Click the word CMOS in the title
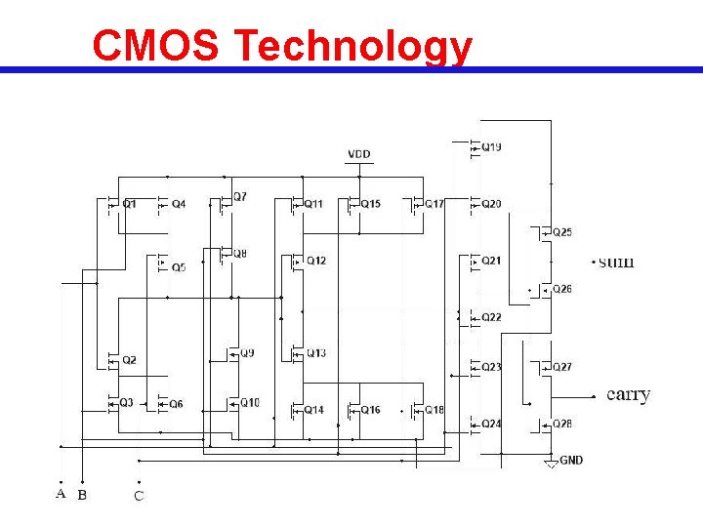click(156, 46)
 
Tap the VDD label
click(359, 154)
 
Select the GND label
click(571, 460)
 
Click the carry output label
click(629, 394)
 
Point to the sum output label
click(615, 262)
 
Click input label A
click(61, 494)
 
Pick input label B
click(82, 495)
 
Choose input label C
click(139, 496)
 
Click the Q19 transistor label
click(492, 147)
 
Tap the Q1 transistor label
click(130, 204)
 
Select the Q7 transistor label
click(240, 196)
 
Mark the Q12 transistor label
click(316, 261)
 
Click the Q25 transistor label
click(562, 232)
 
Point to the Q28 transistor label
click(562, 424)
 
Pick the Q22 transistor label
click(492, 317)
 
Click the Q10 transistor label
click(250, 403)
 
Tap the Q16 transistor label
click(371, 410)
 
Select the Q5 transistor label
click(179, 266)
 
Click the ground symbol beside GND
click(551, 463)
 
